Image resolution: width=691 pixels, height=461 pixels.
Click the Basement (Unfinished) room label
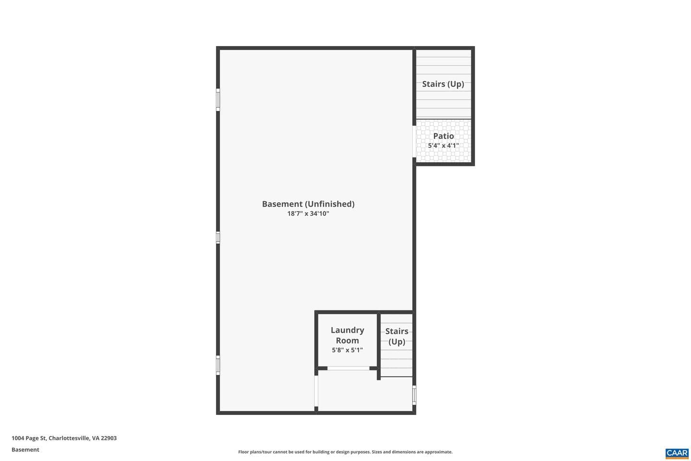pos(308,204)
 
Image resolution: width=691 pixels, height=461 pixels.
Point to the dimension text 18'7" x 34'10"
pos(308,213)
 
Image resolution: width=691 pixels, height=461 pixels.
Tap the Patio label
pos(443,136)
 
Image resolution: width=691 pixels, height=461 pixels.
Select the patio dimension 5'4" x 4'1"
pos(443,146)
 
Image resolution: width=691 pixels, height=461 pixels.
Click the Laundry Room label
pos(347,335)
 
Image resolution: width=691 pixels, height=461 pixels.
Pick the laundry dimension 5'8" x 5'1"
pos(347,350)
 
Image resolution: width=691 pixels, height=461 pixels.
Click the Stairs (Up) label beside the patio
pos(443,84)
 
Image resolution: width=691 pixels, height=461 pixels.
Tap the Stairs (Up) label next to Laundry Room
pos(397,336)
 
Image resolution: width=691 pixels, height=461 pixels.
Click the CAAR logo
pos(677,453)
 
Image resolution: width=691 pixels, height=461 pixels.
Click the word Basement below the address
pos(25,449)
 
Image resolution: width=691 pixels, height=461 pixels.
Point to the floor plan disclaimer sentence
pos(345,452)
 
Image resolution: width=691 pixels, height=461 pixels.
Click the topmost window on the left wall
pos(218,99)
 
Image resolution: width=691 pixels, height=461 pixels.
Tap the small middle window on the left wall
pos(218,237)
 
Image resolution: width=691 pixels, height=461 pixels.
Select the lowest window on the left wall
pos(218,365)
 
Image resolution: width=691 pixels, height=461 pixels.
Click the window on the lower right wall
pos(414,395)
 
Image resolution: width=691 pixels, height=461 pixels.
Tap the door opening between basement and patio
pos(414,141)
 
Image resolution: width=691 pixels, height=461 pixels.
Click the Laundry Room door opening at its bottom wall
pos(348,368)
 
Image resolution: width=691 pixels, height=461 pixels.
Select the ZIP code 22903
pos(108,438)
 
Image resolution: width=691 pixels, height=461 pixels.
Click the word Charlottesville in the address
pos(69,438)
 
